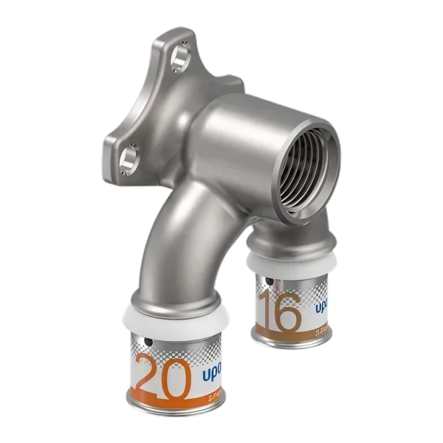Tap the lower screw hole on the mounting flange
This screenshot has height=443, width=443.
[129, 157]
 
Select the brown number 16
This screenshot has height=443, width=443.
[281, 311]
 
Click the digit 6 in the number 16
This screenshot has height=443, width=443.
[289, 312]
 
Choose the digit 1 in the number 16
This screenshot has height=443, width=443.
[268, 309]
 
